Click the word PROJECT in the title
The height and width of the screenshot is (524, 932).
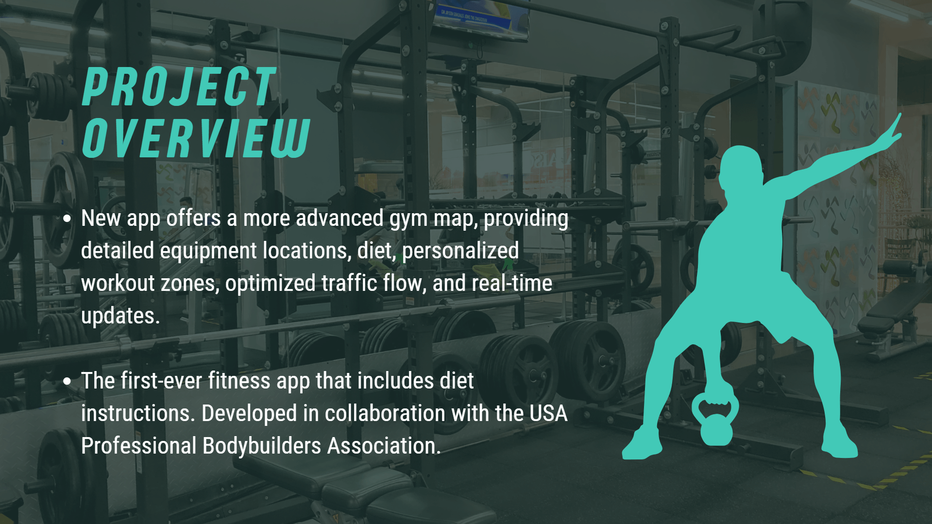coord(179,87)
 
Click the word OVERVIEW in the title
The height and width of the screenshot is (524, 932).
coord(196,138)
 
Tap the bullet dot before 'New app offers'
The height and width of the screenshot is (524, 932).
coord(67,219)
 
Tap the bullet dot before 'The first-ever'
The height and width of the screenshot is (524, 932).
coord(67,381)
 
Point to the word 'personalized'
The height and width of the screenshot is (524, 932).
coord(460,251)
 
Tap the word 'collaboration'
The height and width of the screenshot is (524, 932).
coord(385,413)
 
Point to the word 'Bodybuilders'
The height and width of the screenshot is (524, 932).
coord(262,446)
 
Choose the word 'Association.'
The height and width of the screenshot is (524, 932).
coord(384,446)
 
